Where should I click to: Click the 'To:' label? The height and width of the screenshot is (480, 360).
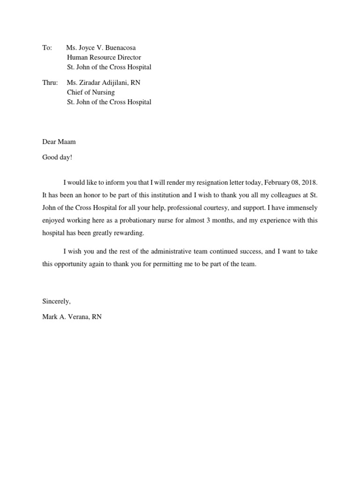click(47, 48)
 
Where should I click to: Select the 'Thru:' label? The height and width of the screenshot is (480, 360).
click(50, 83)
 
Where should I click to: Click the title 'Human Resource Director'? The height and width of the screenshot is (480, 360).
click(104, 58)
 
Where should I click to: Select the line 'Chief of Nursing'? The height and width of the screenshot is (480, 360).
click(90, 92)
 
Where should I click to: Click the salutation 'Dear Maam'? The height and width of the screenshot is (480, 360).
click(59, 142)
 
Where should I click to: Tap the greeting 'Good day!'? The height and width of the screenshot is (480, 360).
click(57, 157)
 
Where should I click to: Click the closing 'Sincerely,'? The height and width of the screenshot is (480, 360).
click(56, 301)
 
